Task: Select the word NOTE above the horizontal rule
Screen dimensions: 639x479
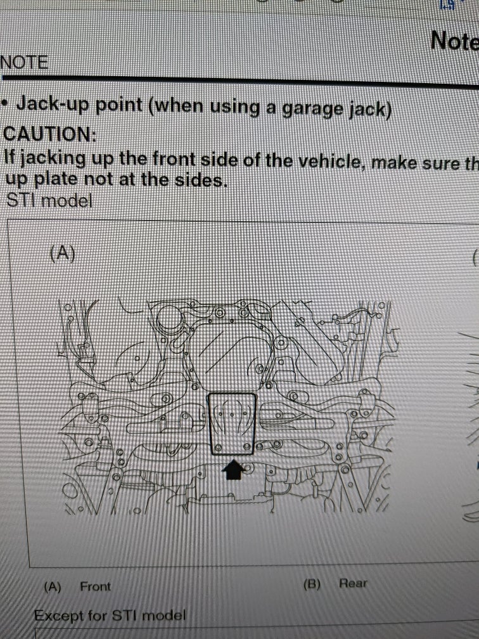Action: tap(24, 62)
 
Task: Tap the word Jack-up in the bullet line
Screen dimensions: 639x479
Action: tap(53, 103)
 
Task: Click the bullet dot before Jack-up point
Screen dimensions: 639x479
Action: tap(5, 102)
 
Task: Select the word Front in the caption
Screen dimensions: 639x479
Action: tap(95, 586)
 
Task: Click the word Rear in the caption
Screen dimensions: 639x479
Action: tap(353, 583)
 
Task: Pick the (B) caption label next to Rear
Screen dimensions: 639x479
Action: tap(312, 584)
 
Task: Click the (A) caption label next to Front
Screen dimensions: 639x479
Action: tap(52, 587)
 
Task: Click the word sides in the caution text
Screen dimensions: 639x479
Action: tap(203, 180)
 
